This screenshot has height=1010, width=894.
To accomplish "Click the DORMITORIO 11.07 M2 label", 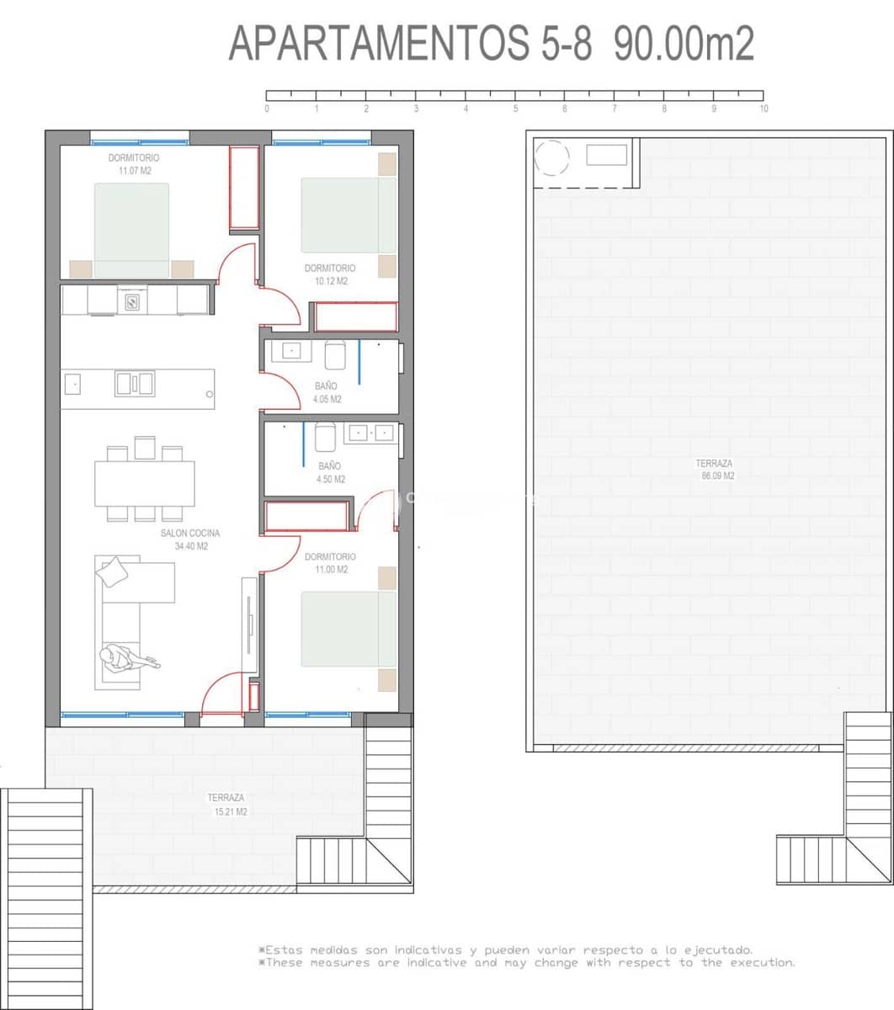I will [x=133, y=164].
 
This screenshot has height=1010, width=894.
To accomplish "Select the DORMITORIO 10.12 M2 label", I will [x=330, y=274].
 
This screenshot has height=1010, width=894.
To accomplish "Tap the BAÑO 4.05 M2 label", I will [x=327, y=392].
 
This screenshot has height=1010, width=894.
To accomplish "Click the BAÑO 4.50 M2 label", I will [x=330, y=472].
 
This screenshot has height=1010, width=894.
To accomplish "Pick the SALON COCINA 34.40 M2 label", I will [x=190, y=540].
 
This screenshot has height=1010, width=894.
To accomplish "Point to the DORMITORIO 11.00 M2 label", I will [x=330, y=563].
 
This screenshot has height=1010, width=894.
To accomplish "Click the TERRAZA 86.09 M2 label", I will [x=714, y=469].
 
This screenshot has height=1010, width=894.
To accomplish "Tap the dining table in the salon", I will [x=144, y=482].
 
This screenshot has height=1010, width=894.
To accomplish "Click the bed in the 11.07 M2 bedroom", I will [x=130, y=230].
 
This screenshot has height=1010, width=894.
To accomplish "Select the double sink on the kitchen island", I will [x=135, y=384].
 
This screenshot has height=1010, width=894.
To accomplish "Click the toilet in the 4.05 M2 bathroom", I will [x=335, y=354].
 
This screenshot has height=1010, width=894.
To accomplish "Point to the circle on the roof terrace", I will [x=552, y=157].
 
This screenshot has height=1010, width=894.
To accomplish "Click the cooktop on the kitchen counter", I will [x=133, y=300].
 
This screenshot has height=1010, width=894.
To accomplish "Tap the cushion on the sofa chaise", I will [x=112, y=572].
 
